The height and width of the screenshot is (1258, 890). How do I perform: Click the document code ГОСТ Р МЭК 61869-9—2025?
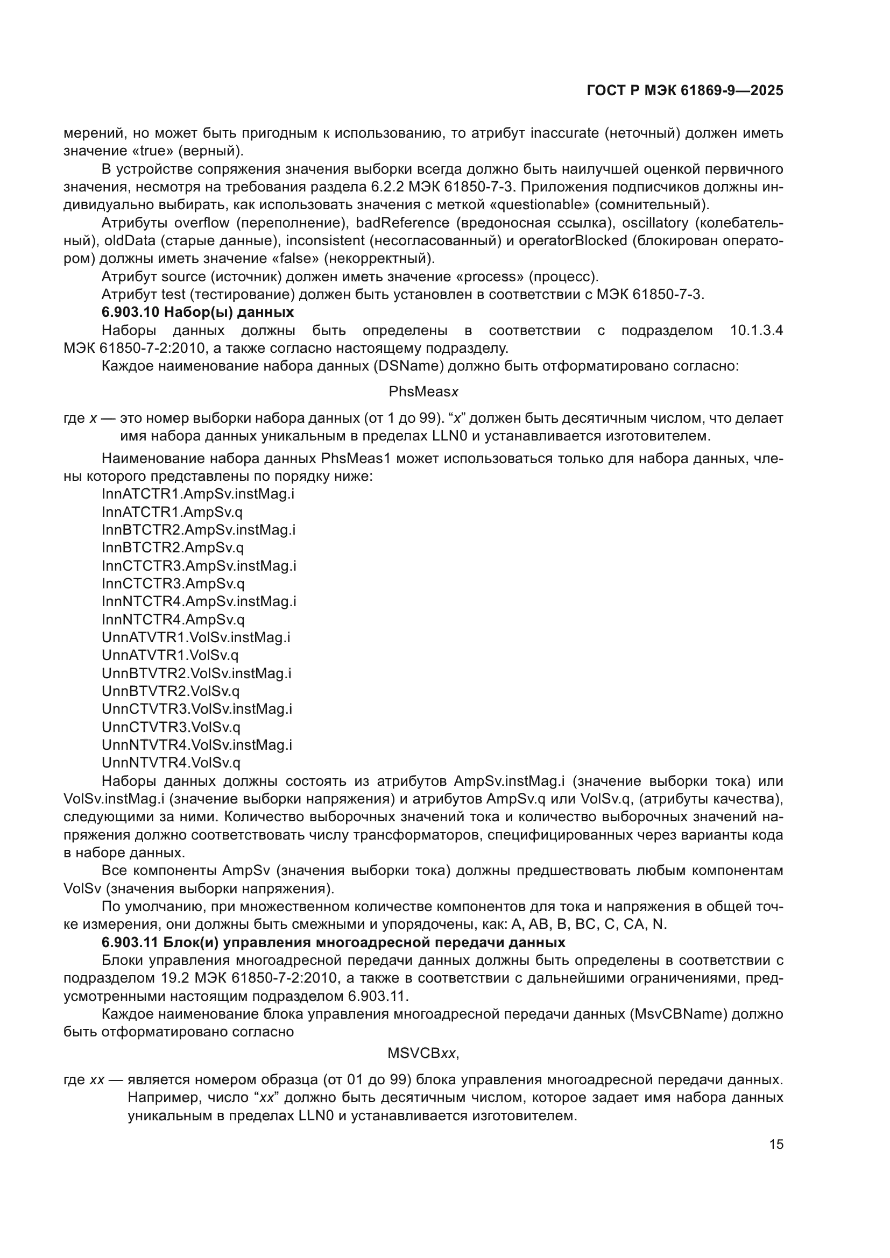684,90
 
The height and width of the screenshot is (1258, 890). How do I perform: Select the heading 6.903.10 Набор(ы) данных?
197,312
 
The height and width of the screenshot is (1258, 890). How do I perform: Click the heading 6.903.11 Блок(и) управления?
333,942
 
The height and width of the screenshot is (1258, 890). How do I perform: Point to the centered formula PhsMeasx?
423,392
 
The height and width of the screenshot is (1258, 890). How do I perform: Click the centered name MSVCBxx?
422,1053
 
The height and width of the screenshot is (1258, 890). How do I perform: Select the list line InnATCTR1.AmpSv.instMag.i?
198,494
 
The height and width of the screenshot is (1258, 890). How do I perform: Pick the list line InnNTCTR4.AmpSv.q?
173,619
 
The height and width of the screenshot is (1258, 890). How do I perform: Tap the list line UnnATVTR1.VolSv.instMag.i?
196,637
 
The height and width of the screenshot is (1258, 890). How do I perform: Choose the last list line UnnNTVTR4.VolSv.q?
171,763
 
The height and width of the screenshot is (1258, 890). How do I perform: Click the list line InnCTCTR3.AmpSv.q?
173,584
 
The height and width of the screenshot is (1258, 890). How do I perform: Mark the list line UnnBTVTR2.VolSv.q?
171,691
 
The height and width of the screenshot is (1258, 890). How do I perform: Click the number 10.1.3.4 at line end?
757,330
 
